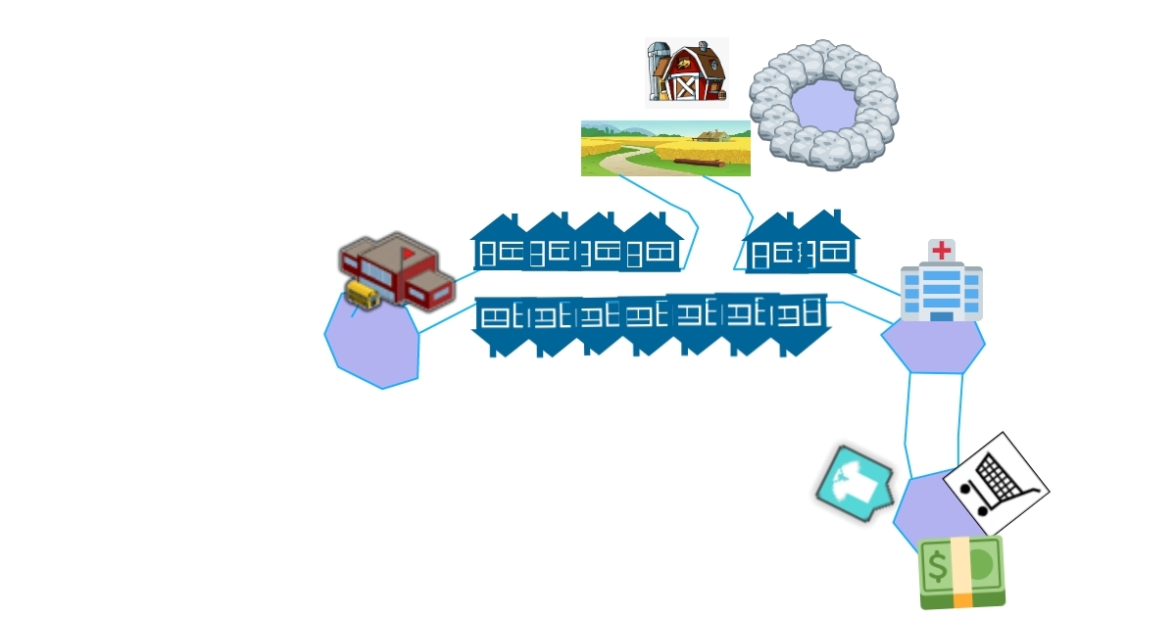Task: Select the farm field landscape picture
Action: tap(665, 148)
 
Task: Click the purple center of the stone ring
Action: tap(823, 104)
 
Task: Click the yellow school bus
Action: tap(363, 294)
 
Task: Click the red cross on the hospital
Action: tap(942, 250)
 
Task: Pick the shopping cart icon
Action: tap(996, 483)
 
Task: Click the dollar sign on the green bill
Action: tap(938, 566)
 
